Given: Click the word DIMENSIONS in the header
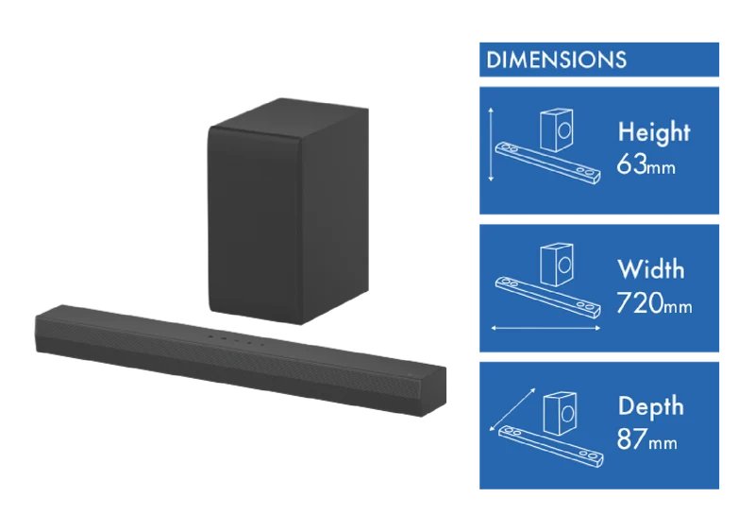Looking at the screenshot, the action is [556, 60].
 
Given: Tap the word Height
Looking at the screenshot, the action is [654, 132].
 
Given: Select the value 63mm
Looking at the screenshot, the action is [646, 164].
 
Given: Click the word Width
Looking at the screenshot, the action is [650, 269].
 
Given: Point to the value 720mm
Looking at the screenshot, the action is [654, 302].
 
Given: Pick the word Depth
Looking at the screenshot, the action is [650, 405].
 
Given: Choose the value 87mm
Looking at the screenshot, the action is [646, 438].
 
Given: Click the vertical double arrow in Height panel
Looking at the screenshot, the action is [491, 145].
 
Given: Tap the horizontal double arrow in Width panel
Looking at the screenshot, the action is [545, 329].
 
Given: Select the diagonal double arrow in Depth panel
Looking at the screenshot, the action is [512, 409].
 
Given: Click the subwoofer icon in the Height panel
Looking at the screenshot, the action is [557, 129].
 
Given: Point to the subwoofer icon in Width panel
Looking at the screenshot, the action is [557, 265].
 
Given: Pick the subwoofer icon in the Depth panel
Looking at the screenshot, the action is [560, 413].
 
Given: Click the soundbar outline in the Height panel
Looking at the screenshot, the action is [548, 163].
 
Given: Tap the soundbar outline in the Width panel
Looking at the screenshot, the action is [548, 298].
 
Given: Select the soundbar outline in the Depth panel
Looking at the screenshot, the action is [551, 446].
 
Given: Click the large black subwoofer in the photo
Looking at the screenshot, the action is [288, 212].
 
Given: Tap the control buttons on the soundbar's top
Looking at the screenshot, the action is [236, 340].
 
